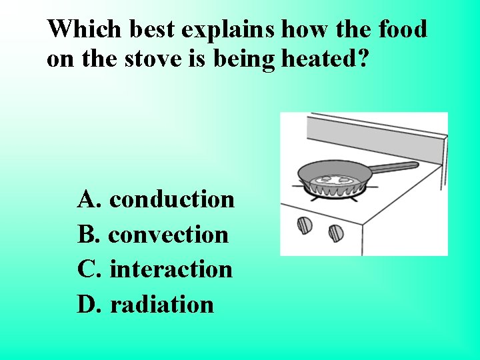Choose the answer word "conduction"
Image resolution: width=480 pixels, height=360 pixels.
171,199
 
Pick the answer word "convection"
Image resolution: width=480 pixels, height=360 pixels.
168,234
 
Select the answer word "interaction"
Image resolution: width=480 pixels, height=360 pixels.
171,269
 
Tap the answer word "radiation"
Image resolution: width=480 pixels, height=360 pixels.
161,305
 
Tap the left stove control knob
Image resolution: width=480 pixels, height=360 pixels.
304,224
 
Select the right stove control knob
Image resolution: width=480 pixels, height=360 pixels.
336,233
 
